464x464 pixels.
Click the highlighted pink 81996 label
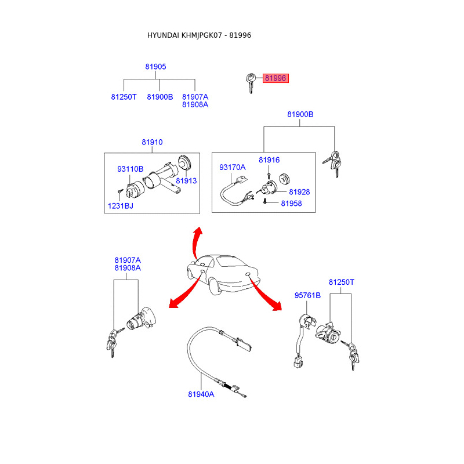275,78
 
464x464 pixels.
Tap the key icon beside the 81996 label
251,82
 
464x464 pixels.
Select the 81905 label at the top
155,67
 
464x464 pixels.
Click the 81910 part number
152,142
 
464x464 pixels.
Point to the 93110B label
130,169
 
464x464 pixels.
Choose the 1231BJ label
119,205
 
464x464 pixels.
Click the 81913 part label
186,181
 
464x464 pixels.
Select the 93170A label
232,167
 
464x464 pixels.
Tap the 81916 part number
269,159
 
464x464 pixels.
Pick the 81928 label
299,191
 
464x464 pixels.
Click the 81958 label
291,204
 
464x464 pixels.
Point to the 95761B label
307,295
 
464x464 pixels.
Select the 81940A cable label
201,394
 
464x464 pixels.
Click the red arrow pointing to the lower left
183,294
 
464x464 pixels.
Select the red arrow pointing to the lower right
267,296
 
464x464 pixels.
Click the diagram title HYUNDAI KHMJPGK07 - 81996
199,35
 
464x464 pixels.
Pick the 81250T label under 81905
124,97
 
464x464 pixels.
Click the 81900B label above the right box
300,115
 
